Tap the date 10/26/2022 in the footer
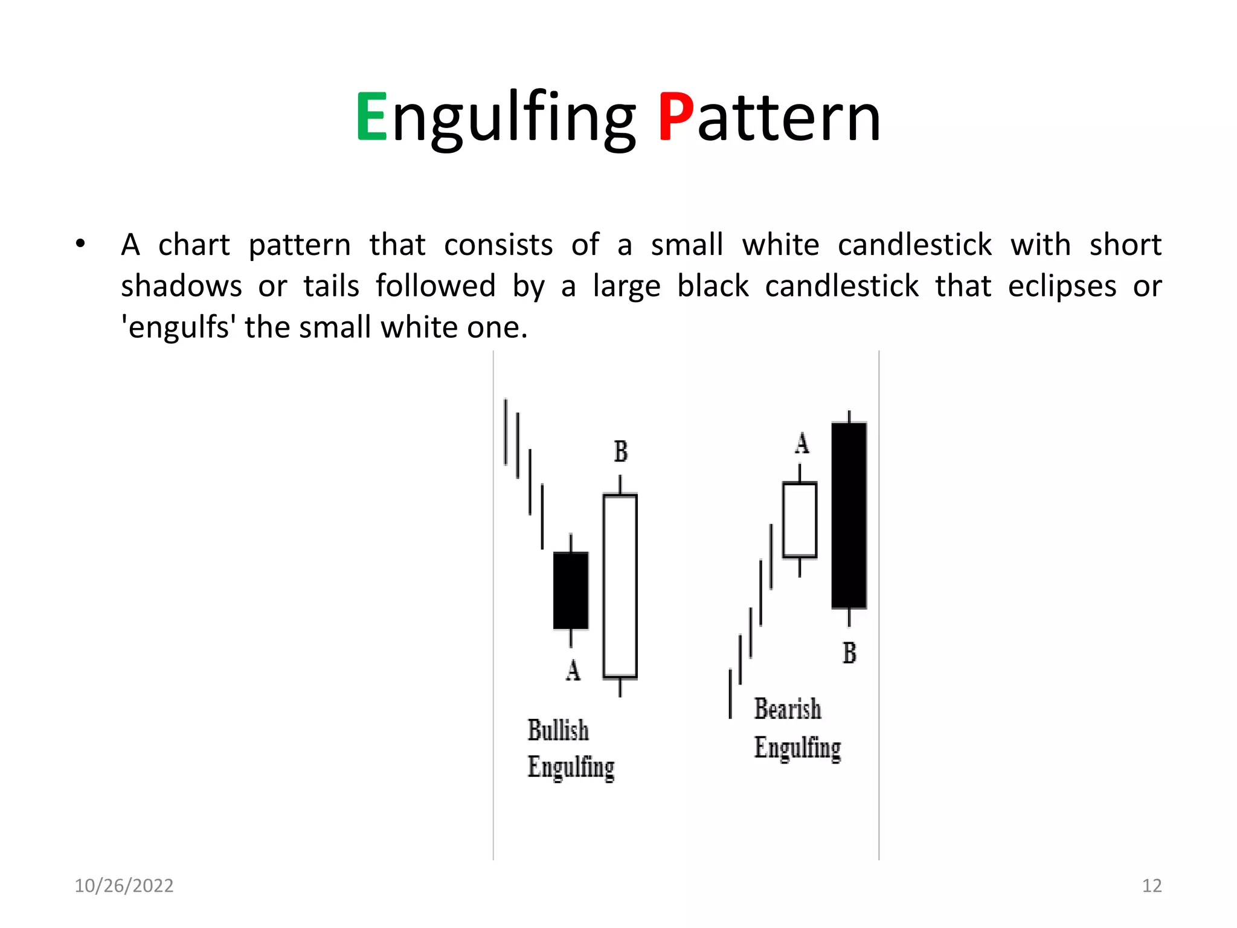click(x=124, y=886)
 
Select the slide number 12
click(x=1152, y=886)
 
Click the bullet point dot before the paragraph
click(x=80, y=245)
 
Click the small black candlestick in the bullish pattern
click(x=571, y=590)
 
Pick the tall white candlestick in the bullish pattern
click(x=620, y=586)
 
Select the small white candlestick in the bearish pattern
click(x=800, y=520)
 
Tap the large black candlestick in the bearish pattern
click(x=849, y=515)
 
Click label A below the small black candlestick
click(x=573, y=670)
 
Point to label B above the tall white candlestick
click(x=621, y=451)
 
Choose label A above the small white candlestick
click(x=802, y=443)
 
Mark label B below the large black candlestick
click(x=849, y=653)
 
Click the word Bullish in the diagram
click(x=558, y=730)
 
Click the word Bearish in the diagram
click(x=788, y=709)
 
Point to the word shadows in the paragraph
click(x=181, y=286)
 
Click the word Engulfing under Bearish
click(x=797, y=749)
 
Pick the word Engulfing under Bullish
click(x=571, y=768)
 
